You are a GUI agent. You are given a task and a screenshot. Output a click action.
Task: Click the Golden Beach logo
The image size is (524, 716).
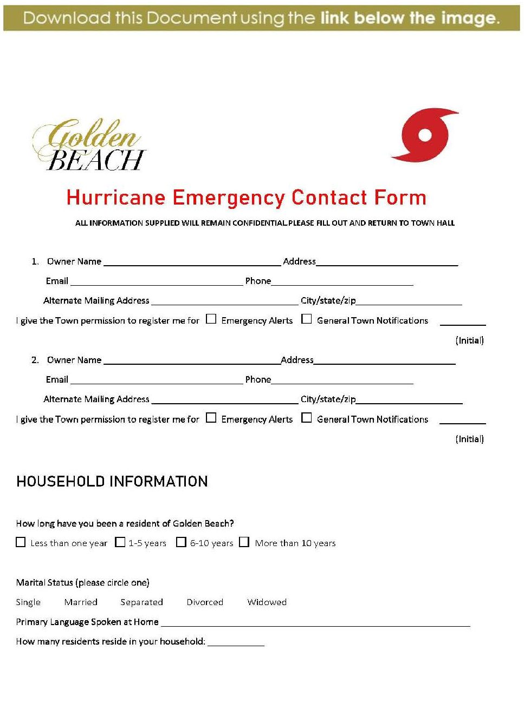point(89,145)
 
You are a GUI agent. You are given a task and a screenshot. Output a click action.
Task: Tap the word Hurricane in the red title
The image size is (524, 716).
point(115,198)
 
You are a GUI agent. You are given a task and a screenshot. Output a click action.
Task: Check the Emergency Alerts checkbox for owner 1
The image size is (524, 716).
point(211,319)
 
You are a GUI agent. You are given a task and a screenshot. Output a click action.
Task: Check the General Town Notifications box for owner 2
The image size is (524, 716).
point(307,418)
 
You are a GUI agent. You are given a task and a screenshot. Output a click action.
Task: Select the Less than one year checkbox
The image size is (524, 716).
point(21,542)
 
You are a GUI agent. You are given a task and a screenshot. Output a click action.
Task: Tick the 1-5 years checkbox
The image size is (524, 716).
point(120,542)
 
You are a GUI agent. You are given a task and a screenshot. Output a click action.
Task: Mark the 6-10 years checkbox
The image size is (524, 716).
point(182,542)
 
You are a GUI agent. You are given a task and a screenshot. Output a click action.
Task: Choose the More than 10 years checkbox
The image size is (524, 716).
point(244,542)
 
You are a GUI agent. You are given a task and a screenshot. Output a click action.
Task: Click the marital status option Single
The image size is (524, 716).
point(28,602)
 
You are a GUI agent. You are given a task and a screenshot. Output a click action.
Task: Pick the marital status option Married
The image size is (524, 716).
point(81,602)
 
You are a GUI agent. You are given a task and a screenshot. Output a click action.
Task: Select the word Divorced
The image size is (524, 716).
point(205,602)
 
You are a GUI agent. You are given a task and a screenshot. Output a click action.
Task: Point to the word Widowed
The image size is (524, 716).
point(267,602)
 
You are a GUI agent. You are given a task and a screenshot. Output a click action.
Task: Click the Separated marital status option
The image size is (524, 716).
point(141,602)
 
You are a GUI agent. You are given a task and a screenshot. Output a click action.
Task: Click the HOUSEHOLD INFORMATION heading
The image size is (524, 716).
point(112,482)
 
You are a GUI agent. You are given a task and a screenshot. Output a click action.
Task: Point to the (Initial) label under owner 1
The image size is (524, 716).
point(469,340)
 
